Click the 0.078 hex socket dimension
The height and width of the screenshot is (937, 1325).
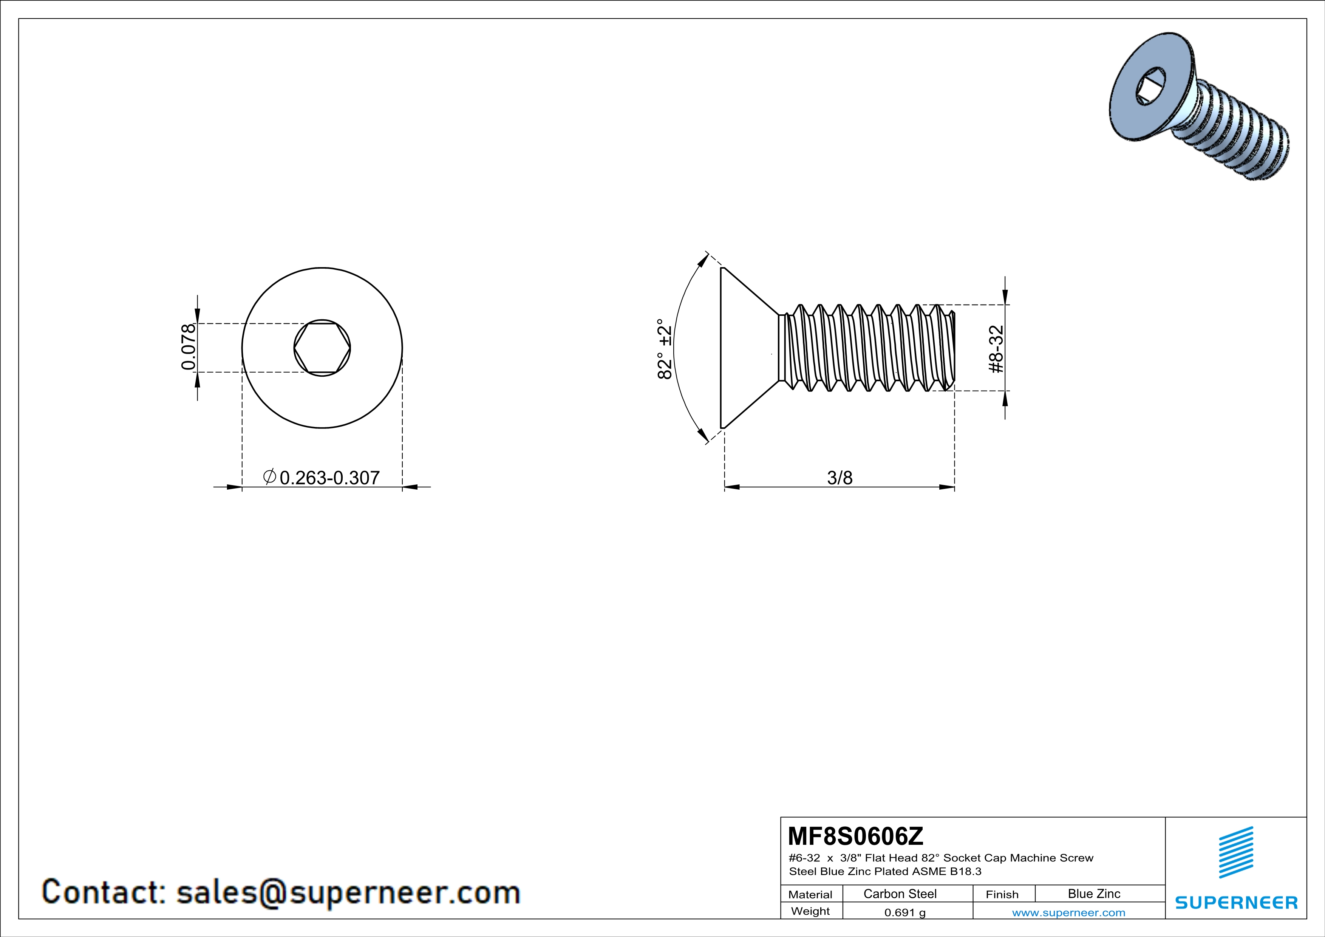tap(189, 347)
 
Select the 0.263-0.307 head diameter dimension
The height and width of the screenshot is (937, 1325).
tap(329, 478)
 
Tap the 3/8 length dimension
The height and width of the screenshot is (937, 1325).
tap(840, 478)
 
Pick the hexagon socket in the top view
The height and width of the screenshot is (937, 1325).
tap(322, 348)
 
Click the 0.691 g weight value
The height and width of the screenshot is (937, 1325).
tap(905, 912)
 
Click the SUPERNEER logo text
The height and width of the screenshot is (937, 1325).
tap(1236, 902)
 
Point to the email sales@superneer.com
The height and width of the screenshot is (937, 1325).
tap(348, 892)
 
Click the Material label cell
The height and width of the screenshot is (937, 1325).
tap(810, 894)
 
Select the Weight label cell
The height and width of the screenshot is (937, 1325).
tap(810, 911)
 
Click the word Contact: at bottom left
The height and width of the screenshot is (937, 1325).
tap(104, 892)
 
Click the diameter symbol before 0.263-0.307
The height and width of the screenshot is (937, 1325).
tap(269, 476)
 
